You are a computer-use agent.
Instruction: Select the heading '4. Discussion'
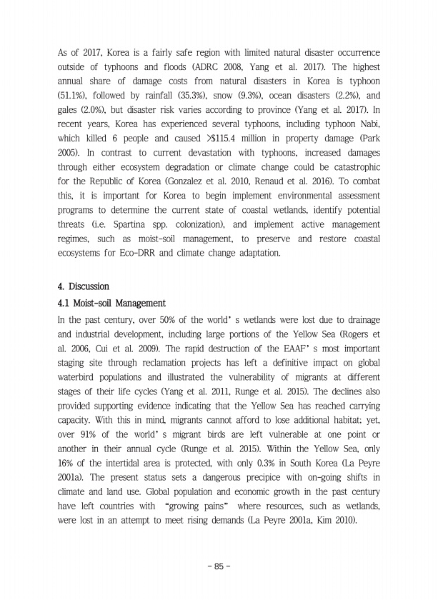[x=84, y=287]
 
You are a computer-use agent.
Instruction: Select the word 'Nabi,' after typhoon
[x=367, y=123]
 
